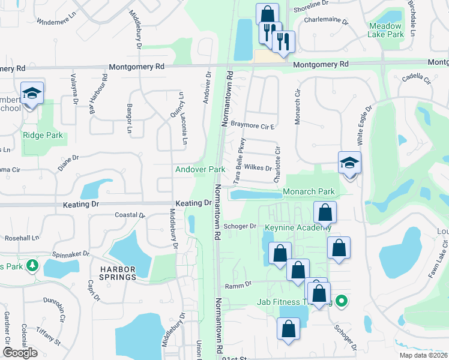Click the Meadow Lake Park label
[385, 31]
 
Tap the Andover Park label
[200, 170]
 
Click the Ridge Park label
[43, 135]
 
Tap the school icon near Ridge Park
[32, 94]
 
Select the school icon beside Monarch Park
[349, 163]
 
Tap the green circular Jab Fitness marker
[342, 301]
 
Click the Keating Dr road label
[80, 204]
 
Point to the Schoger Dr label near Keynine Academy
[240, 226]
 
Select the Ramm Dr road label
[237, 287]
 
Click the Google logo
[20, 352]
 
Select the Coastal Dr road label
[130, 215]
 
